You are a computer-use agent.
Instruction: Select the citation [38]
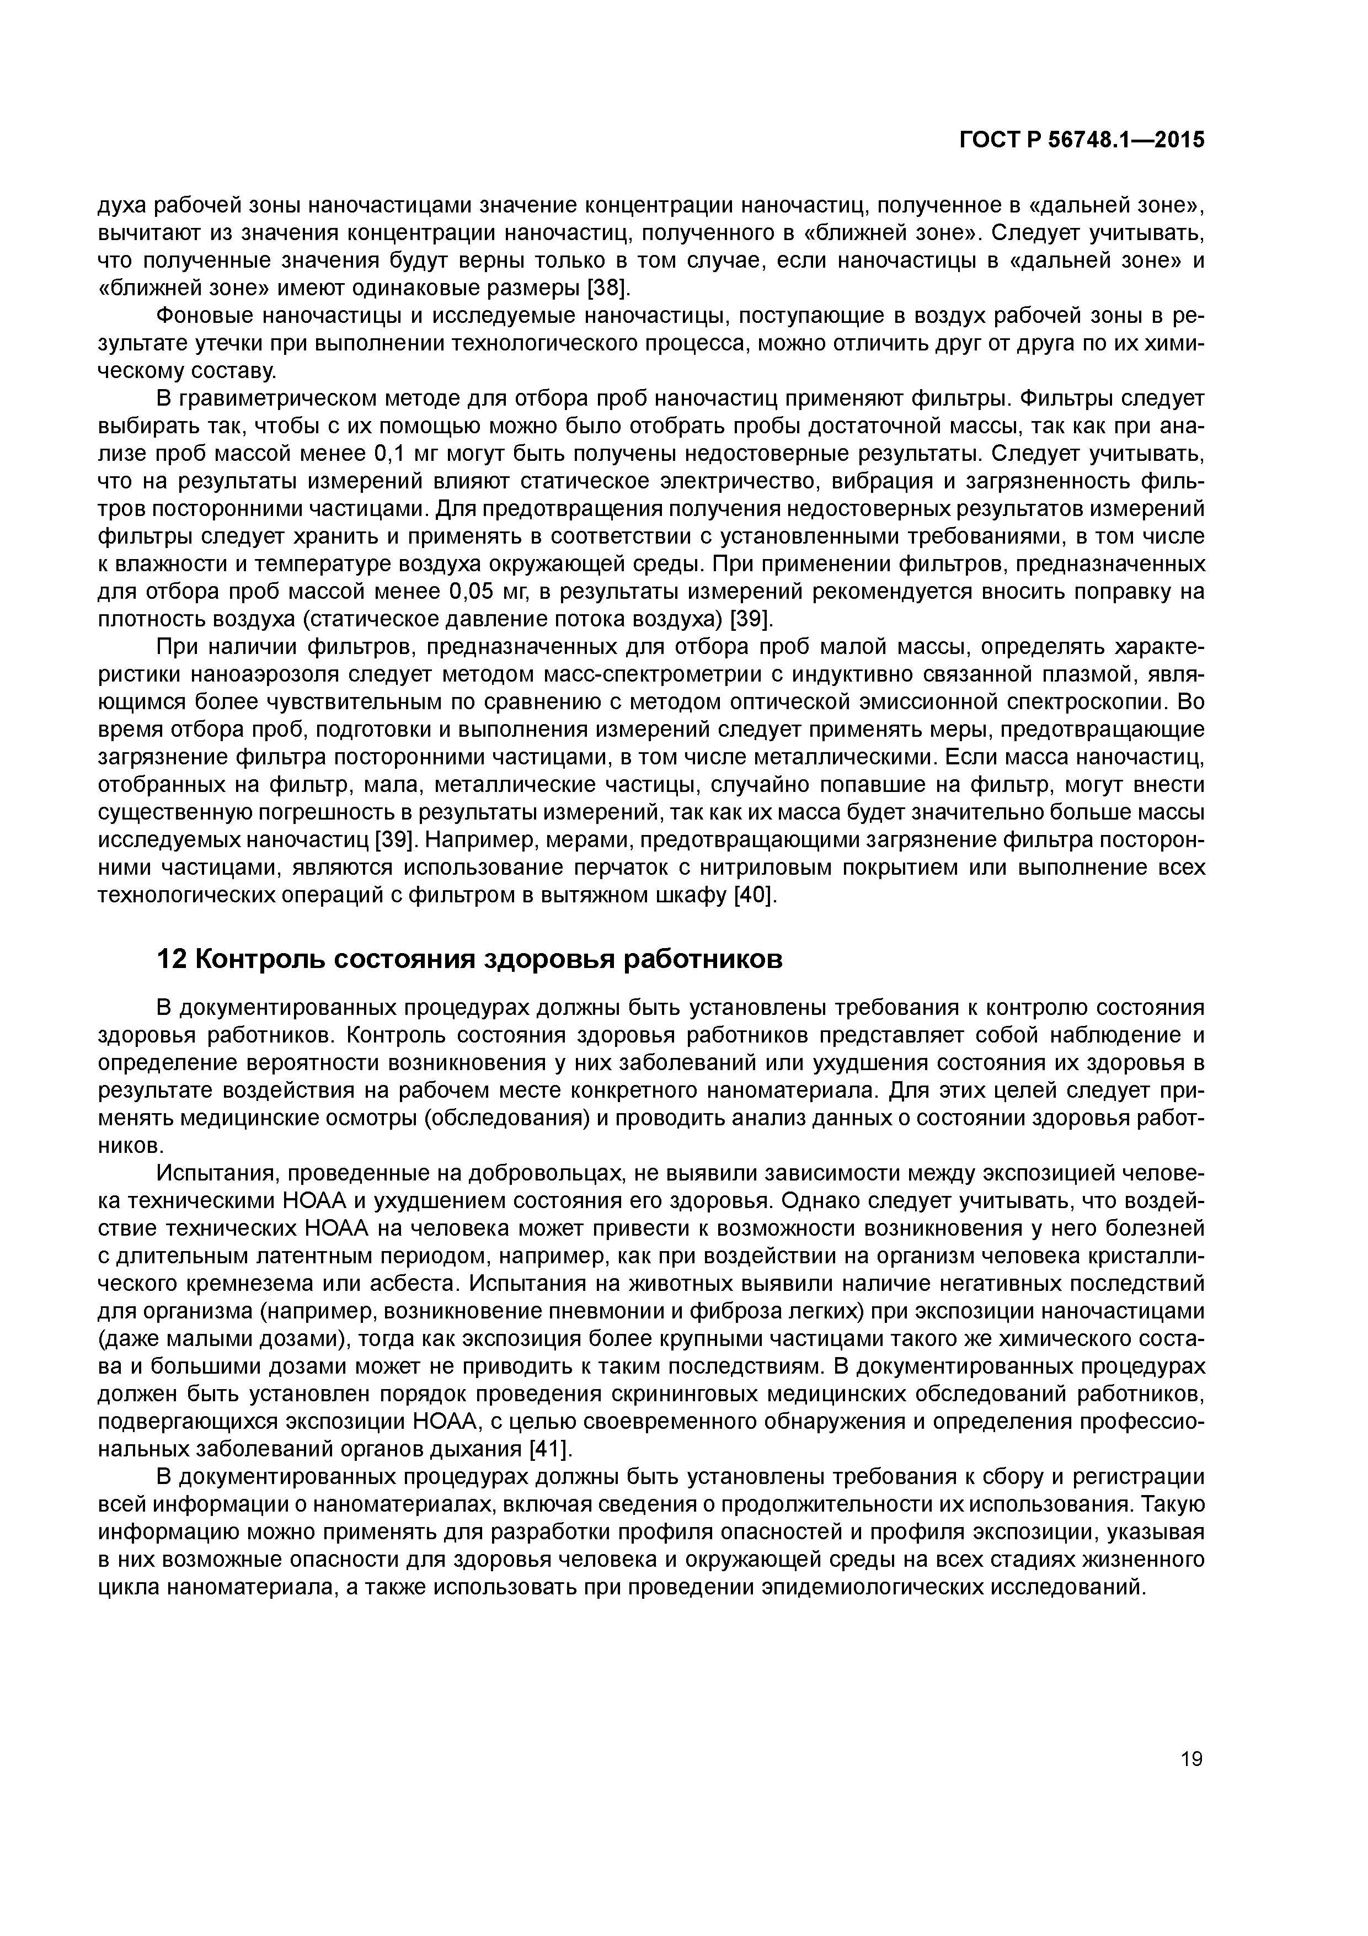pos(608,289)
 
